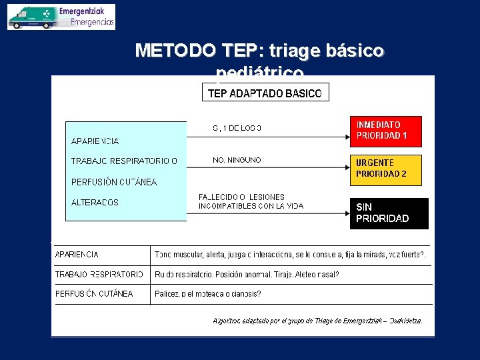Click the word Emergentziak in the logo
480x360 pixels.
tap(86, 12)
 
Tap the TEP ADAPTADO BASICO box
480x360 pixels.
tap(265, 93)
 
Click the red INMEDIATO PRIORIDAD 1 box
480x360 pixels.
tap(385, 131)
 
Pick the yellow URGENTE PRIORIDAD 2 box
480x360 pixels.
tap(385, 169)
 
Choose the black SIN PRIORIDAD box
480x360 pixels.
tap(389, 213)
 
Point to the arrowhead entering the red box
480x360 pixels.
tap(345, 137)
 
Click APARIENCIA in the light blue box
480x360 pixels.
tap(95, 141)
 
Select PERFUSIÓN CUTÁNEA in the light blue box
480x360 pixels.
tap(114, 182)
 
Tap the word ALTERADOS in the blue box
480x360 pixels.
tap(95, 203)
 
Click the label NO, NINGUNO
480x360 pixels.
tap(237, 160)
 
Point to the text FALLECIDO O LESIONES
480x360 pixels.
tap(241, 197)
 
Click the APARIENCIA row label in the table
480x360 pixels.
tap(77, 255)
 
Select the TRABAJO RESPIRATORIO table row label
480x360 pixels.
tap(99, 274)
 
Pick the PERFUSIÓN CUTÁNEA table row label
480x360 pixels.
tap(94, 293)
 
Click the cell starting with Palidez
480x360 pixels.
tap(207, 294)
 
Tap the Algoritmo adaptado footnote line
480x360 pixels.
tap(317, 321)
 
